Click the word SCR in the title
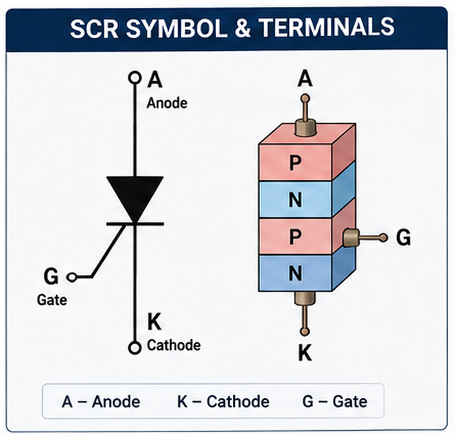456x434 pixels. (94, 28)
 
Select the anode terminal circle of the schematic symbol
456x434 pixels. (134, 78)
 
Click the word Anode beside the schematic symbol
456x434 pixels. (167, 103)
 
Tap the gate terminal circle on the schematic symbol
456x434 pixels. (72, 277)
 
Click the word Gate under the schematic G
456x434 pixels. (52, 300)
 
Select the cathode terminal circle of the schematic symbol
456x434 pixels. (134, 348)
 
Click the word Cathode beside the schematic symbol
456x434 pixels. (174, 345)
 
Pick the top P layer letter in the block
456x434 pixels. (295, 163)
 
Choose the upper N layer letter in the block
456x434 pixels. (295, 200)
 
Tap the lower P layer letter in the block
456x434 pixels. (295, 236)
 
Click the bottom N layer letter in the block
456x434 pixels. (295, 273)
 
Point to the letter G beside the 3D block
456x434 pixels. (403, 237)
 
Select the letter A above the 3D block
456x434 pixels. (305, 79)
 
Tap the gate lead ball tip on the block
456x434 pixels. (384, 238)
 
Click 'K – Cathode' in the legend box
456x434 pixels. (223, 402)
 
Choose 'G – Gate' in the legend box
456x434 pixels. (335, 402)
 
